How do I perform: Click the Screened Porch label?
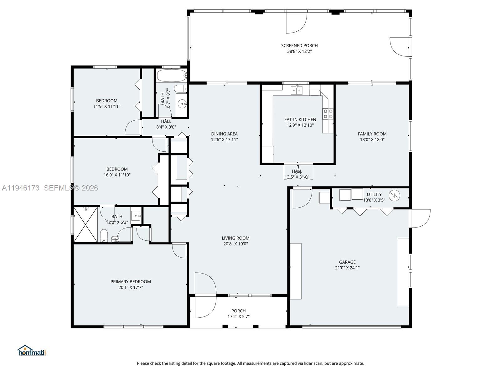[x=299, y=46]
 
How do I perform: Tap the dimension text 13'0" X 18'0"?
[x=372, y=140]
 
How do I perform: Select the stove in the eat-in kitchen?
[x=328, y=114]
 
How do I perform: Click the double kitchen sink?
[x=297, y=91]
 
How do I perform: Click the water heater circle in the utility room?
[x=394, y=196]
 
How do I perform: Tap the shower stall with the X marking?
[x=85, y=224]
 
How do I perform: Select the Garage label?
[x=347, y=262]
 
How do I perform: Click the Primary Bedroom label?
[x=131, y=282]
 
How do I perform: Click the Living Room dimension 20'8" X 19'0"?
[x=235, y=244]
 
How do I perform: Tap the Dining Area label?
[x=224, y=134]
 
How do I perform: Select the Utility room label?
[x=374, y=195]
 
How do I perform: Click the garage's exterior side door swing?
[x=420, y=218]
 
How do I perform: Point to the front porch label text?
[x=238, y=311]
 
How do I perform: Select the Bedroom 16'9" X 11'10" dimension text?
[x=117, y=175]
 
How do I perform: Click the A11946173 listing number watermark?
[x=21, y=188]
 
